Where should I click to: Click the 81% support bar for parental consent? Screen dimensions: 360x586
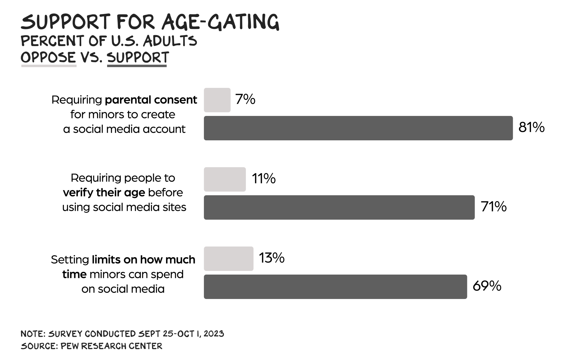pyautogui.click(x=358, y=128)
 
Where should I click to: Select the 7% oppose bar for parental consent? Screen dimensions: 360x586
pyautogui.click(x=217, y=100)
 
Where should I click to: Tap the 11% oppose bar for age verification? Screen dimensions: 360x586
pyautogui.click(x=225, y=179)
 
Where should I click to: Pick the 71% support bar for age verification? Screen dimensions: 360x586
pyautogui.click(x=339, y=207)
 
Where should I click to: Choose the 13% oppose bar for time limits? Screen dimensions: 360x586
pyautogui.click(x=229, y=259)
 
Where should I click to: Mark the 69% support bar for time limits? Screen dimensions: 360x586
pyautogui.click(x=335, y=287)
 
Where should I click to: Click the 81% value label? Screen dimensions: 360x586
pyautogui.click(x=531, y=128)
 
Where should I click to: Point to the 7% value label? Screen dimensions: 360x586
pyautogui.click(x=245, y=99)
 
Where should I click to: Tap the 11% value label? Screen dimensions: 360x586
pyautogui.click(x=263, y=179)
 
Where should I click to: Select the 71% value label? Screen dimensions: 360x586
pyautogui.click(x=494, y=207)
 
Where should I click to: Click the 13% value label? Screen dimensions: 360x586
pyautogui.click(x=272, y=258)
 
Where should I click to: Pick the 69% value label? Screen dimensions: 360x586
pyautogui.click(x=487, y=286)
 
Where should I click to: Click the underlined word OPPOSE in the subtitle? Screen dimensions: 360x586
pyautogui.click(x=48, y=57)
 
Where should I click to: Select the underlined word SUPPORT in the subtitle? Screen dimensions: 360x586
pyautogui.click(x=138, y=57)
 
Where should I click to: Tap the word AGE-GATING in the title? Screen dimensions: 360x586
pyautogui.click(x=220, y=22)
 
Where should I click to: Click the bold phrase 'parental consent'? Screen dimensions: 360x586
pyautogui.click(x=151, y=100)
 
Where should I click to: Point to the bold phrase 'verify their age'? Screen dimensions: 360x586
pyautogui.click(x=104, y=193)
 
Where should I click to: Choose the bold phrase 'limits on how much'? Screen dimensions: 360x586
pyautogui.click(x=143, y=260)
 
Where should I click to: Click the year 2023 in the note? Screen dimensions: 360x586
pyautogui.click(x=214, y=334)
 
